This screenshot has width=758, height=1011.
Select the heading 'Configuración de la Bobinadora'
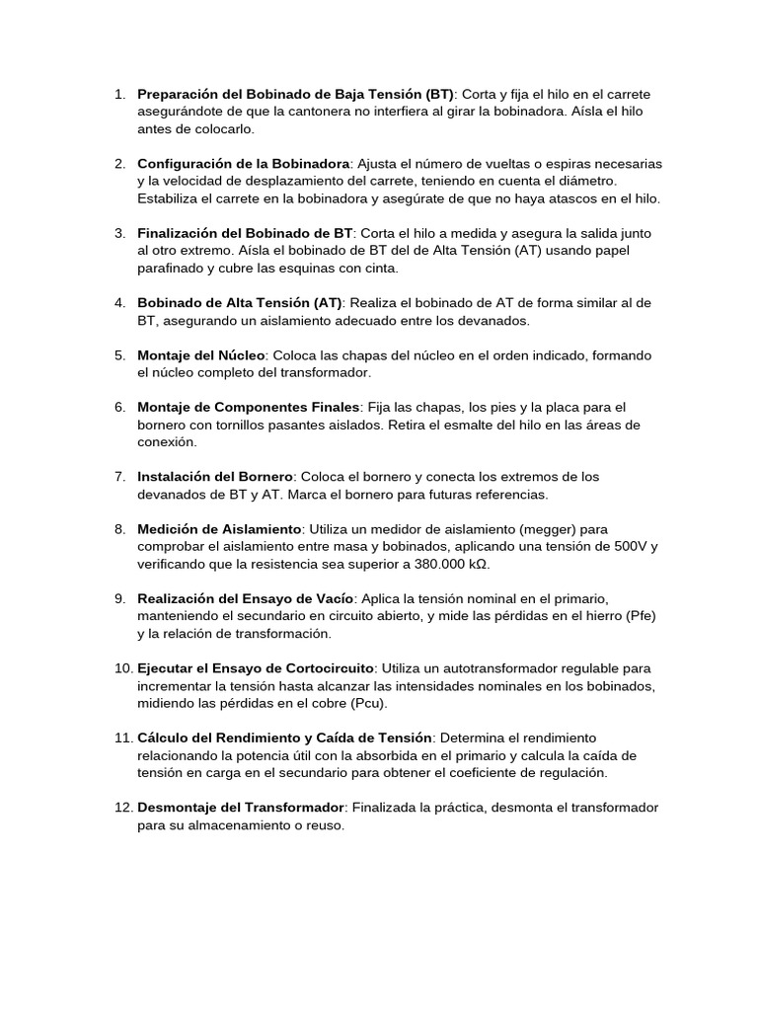(244, 163)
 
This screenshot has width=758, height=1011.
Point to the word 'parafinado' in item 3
(173, 268)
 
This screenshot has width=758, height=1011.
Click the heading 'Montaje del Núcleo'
(201, 354)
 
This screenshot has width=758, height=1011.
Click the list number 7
(118, 477)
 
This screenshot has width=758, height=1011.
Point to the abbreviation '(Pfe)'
(638, 616)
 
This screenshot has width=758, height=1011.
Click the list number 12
(122, 808)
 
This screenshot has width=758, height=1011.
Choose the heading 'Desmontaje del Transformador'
(240, 808)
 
